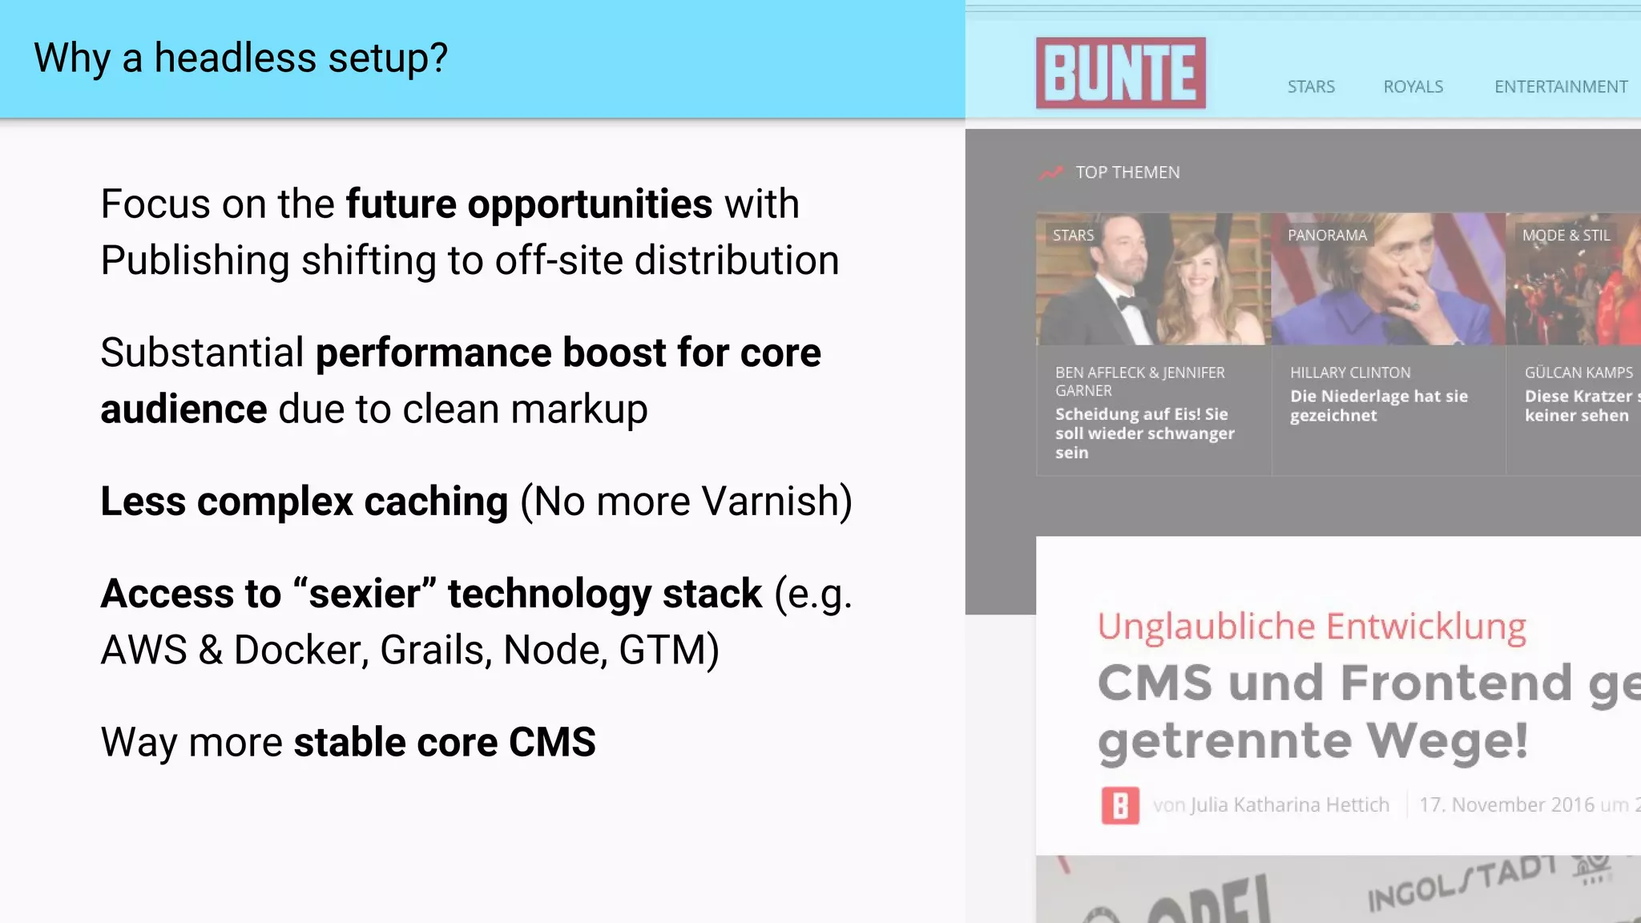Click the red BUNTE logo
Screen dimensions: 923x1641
1120,73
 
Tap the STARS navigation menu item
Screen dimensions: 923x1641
1311,87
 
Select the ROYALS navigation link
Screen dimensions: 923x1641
1413,87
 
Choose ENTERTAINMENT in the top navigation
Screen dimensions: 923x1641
1560,87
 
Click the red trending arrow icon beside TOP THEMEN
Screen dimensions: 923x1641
1050,172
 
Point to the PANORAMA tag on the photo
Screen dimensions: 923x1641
1327,236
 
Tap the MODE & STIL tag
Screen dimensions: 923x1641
1566,236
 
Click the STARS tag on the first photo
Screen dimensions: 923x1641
1073,236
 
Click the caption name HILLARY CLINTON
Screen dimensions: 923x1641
1350,373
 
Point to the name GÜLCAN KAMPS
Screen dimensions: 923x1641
1578,373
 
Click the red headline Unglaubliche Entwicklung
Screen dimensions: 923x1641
1312,627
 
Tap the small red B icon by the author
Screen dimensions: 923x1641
1120,805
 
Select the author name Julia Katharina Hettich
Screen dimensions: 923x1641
1290,805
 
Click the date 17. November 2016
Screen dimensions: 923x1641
1506,805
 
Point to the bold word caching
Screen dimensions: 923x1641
436,502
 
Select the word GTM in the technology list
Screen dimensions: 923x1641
662,650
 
